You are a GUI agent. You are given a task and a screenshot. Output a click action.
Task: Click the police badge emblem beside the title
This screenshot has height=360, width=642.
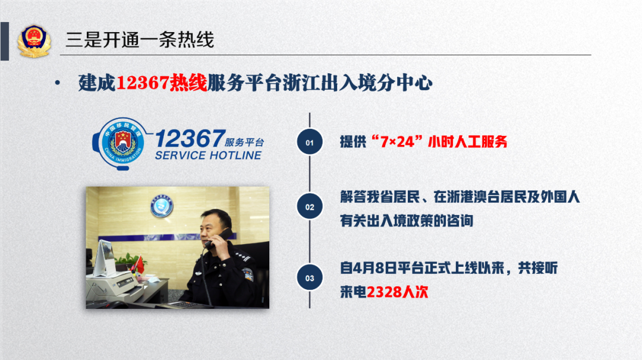click(34, 41)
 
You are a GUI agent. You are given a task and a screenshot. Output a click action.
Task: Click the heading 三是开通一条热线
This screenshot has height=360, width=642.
click(140, 40)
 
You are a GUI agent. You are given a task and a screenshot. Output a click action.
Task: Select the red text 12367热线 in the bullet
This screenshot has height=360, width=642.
click(162, 83)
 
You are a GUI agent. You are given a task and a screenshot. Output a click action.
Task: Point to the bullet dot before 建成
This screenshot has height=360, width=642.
click(57, 83)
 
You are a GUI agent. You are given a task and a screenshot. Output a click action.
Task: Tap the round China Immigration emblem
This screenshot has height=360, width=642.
click(122, 143)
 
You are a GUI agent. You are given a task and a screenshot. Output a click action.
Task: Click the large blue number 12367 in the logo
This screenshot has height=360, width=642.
click(190, 138)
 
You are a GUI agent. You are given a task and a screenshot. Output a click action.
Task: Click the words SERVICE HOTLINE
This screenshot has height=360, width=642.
click(208, 156)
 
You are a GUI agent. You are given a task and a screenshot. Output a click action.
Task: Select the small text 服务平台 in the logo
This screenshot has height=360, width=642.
click(244, 143)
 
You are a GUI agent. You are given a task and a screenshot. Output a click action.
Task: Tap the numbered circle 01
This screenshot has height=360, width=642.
click(310, 142)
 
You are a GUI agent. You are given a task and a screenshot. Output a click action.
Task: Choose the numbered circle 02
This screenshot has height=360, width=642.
click(310, 207)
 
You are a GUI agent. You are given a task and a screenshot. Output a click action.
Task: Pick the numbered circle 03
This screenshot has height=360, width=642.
click(310, 278)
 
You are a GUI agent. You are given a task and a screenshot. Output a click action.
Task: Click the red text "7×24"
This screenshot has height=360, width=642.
click(396, 141)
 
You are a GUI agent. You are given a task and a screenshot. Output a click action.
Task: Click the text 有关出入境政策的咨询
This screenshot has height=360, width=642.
click(407, 221)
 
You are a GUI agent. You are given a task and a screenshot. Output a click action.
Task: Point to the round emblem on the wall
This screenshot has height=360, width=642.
click(162, 206)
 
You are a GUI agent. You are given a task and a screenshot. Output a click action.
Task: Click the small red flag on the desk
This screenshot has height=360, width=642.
click(140, 265)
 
